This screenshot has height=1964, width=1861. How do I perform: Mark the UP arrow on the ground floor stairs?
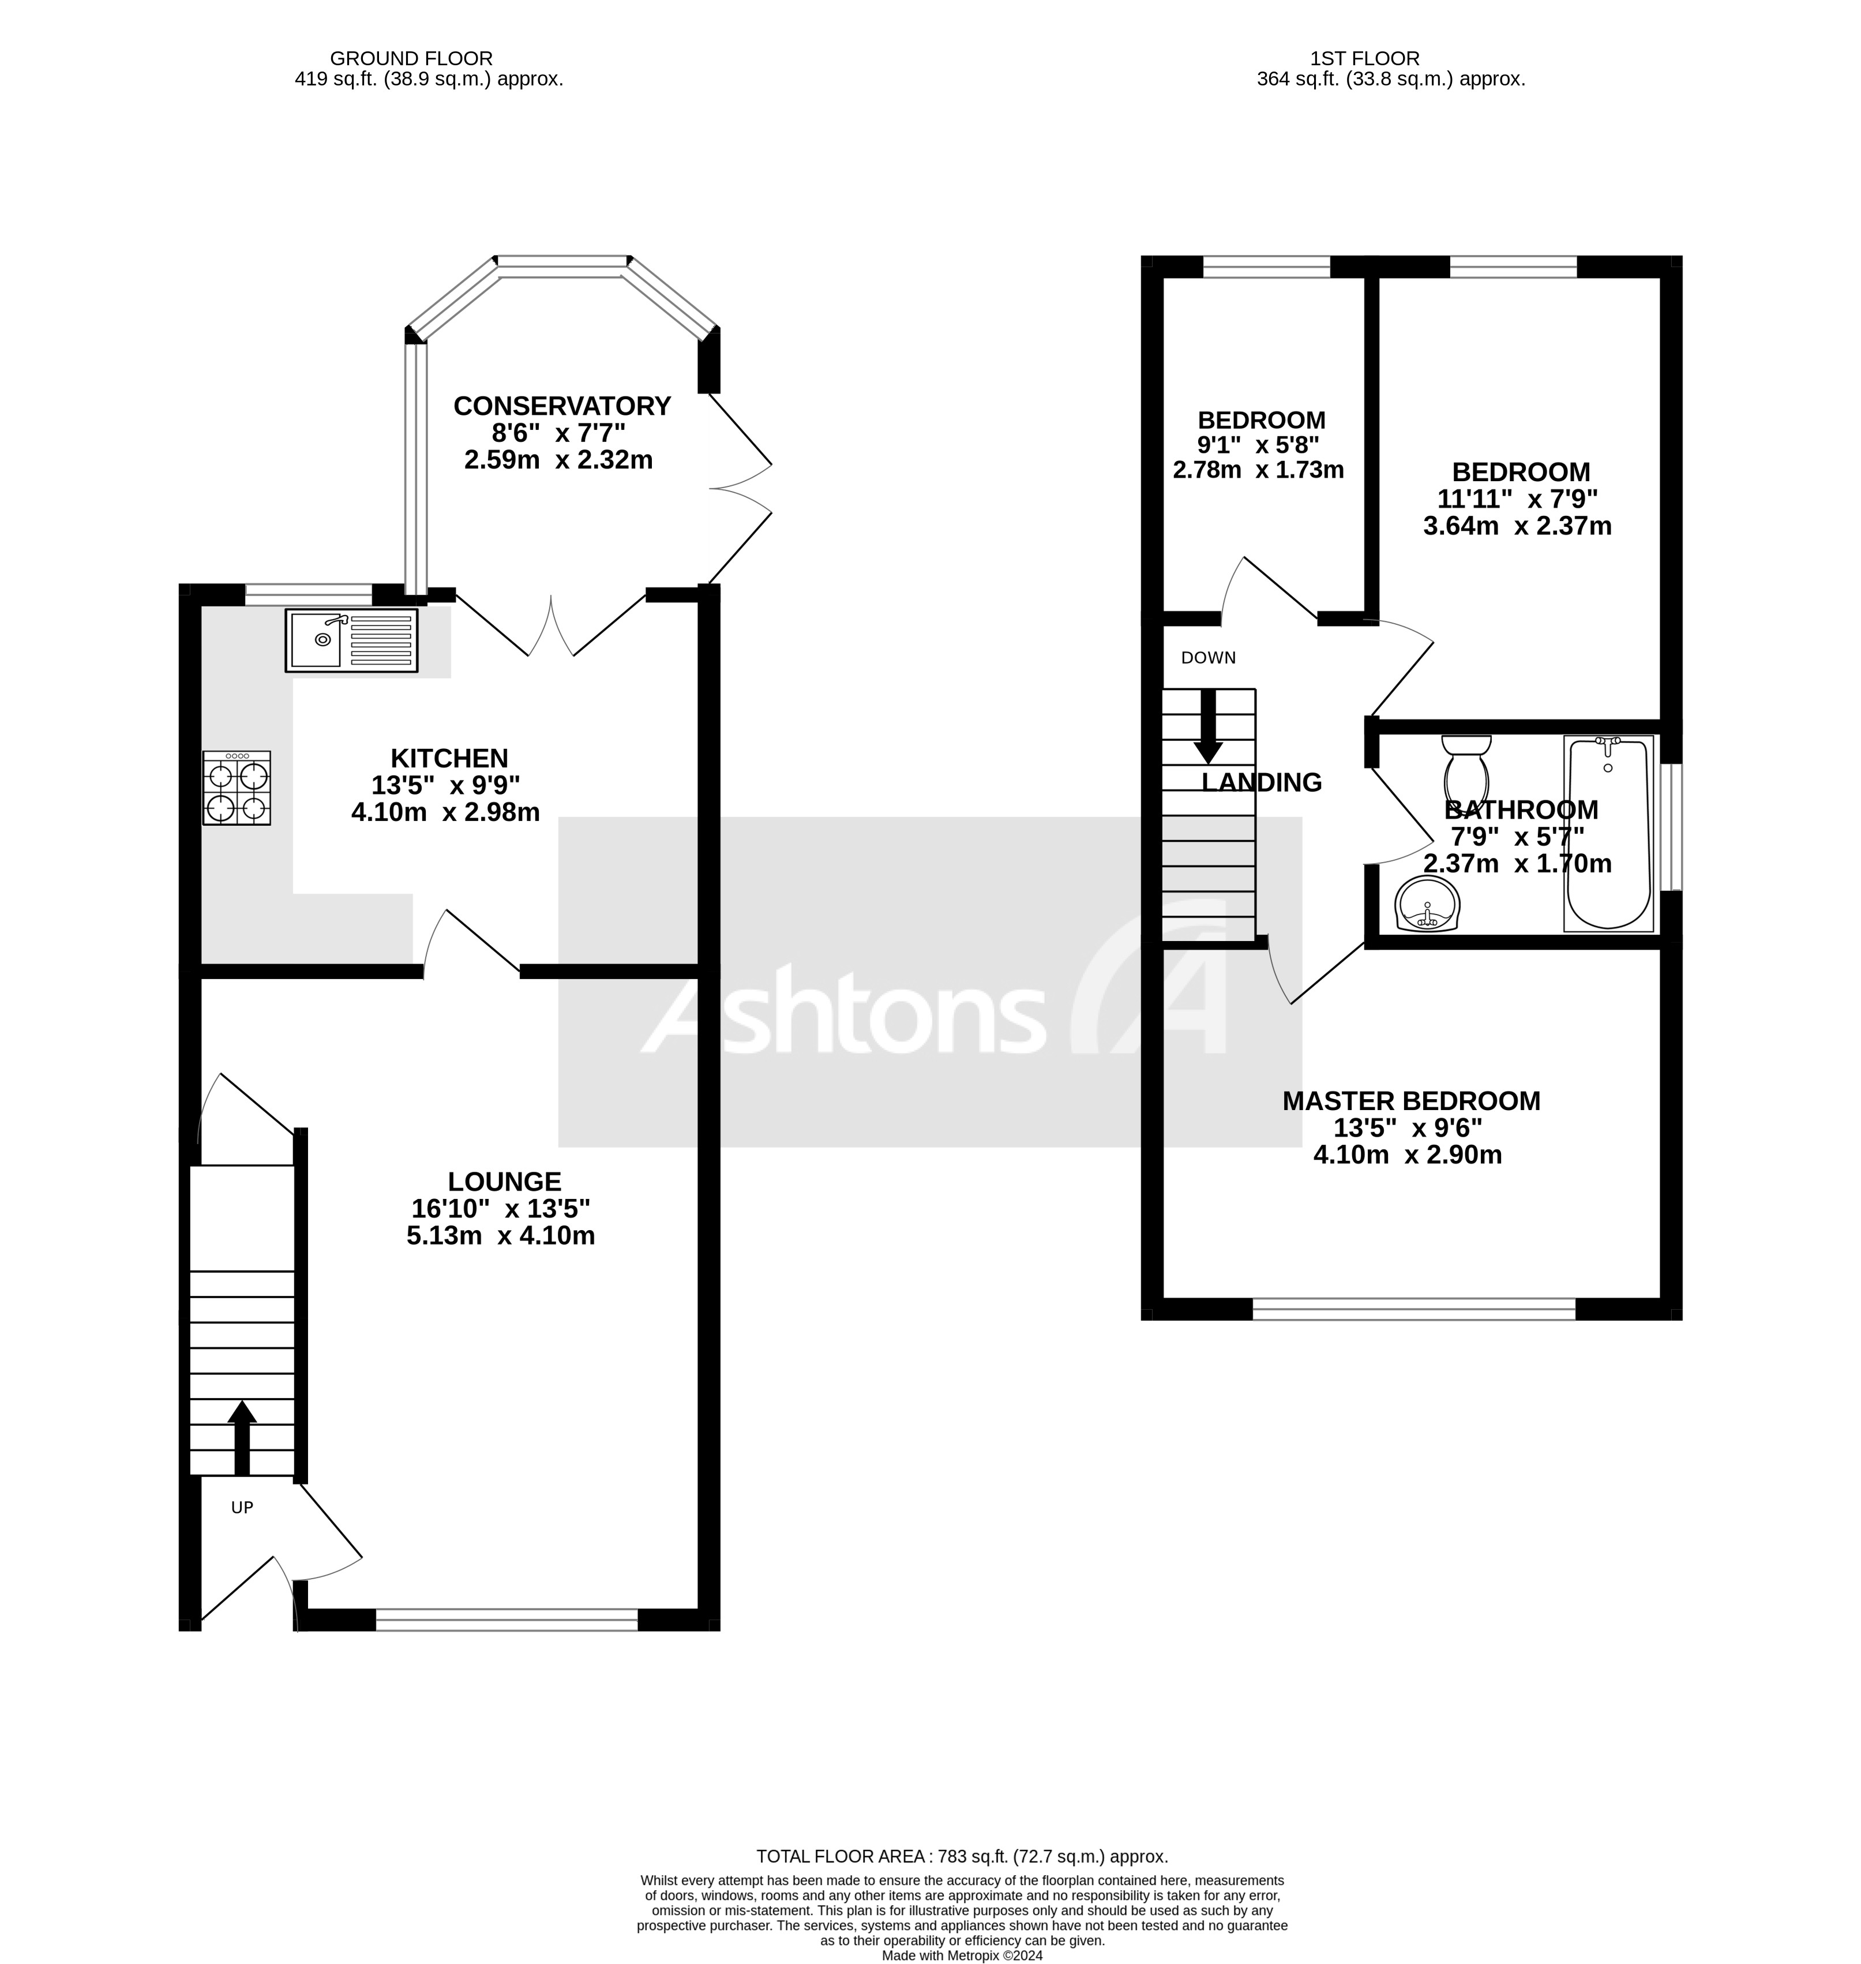pos(242,1436)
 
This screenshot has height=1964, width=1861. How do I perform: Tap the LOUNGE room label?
pos(504,1182)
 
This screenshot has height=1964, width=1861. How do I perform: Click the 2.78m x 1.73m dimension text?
pos(1257,470)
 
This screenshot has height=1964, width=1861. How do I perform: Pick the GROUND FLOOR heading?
pos(411,58)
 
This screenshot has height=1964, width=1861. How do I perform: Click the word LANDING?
pos(1261,782)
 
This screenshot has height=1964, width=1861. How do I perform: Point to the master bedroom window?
pos(1413,1309)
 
